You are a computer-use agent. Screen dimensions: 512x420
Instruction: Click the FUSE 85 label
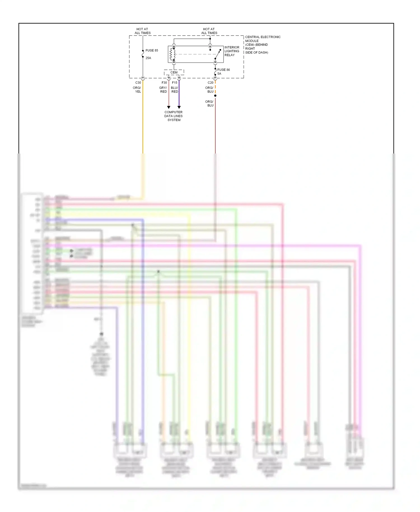point(151,50)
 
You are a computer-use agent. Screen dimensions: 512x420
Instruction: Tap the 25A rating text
point(148,58)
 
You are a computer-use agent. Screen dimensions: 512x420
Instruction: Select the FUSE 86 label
point(223,70)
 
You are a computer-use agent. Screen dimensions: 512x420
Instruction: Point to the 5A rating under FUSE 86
point(219,74)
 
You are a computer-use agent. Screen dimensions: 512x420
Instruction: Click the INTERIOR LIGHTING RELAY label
point(232,51)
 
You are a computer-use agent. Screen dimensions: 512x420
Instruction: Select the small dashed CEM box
point(174,73)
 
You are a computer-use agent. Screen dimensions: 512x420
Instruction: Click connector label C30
point(138,83)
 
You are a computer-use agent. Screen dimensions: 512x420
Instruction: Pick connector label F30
point(164,83)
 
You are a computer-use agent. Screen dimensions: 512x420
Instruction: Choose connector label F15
point(175,83)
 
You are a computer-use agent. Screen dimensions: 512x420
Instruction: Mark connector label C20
point(211,83)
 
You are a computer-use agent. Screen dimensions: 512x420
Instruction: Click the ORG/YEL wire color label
point(137,90)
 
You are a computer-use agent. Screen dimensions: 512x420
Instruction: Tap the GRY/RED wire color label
point(163,90)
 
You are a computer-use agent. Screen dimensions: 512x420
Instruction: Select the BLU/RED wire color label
point(175,90)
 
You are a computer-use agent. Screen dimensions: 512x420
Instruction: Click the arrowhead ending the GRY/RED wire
point(169,107)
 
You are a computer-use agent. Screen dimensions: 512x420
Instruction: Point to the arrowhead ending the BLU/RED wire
point(179,107)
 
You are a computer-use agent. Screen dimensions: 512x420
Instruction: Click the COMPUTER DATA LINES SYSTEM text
point(174,116)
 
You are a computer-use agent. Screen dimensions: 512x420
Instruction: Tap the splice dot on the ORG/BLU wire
point(215,96)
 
